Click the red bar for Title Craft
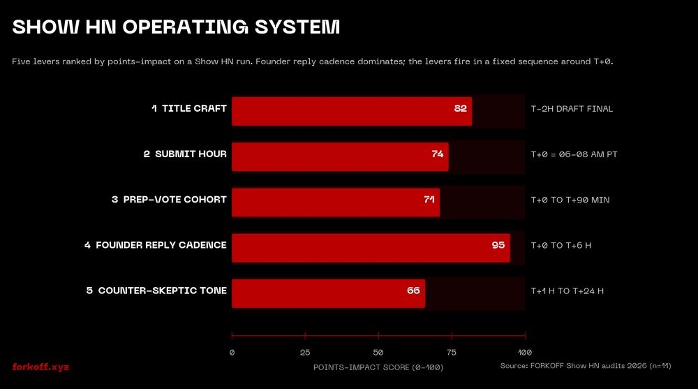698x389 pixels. pyautogui.click(x=351, y=112)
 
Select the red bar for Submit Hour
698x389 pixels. pyautogui.click(x=340, y=157)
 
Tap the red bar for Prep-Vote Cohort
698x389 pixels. pyautogui.click(x=335, y=203)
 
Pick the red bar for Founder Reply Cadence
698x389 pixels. pyautogui.click(x=371, y=248)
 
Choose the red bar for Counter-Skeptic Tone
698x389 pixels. pyautogui.click(x=328, y=293)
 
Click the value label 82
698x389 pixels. pyautogui.click(x=460, y=109)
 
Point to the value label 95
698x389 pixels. pyautogui.click(x=498, y=245)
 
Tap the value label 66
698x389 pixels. pyautogui.click(x=413, y=291)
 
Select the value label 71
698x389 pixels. pyautogui.click(x=429, y=200)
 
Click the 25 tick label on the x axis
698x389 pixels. pyautogui.click(x=305, y=353)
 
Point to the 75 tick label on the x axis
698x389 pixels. pyautogui.click(x=452, y=353)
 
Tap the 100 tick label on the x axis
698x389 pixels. pyautogui.click(x=525, y=353)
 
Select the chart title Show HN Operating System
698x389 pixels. pyautogui.click(x=177, y=27)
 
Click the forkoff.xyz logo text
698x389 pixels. pyautogui.click(x=41, y=367)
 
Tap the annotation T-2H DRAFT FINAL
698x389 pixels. pyautogui.click(x=572, y=109)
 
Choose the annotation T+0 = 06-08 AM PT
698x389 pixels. pyautogui.click(x=574, y=154)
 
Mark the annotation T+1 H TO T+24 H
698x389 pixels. pyautogui.click(x=567, y=291)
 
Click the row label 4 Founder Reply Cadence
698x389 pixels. pyautogui.click(x=155, y=245)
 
